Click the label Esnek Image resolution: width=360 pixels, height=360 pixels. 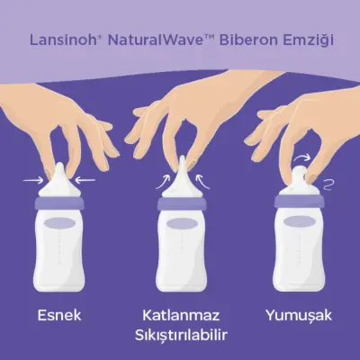click(59, 316)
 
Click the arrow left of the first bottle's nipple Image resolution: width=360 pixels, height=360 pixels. click(31, 178)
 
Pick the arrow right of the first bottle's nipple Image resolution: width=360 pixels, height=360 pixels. click(86, 178)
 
